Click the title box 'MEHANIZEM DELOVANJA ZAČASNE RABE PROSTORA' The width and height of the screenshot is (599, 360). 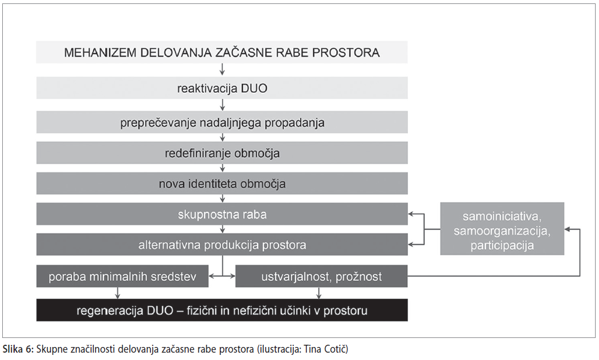[222, 52]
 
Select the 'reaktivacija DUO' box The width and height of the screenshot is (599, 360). [222, 88]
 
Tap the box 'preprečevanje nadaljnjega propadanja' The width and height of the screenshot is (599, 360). [222, 122]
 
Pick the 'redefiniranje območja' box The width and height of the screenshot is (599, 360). [222, 153]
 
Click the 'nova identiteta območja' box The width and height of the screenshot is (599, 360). [222, 184]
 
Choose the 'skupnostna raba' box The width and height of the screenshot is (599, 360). [222, 214]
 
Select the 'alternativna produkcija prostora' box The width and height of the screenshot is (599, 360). [222, 245]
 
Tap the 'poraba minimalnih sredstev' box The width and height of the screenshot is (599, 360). [122, 276]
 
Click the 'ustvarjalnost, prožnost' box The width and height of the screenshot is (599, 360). [322, 276]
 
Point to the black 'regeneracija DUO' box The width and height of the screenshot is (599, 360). [222, 310]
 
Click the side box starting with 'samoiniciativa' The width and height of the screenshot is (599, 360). [502, 228]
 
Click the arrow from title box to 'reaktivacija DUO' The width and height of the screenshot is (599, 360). [222, 70]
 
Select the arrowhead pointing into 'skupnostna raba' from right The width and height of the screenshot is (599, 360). [411, 214]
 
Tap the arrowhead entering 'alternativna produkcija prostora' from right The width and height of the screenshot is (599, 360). [411, 244]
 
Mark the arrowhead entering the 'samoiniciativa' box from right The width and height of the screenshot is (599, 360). [568, 229]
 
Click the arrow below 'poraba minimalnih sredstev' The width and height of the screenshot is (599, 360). [118, 293]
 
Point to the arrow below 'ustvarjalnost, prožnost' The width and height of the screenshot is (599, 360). [319, 293]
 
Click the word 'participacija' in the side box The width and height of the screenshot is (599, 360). [502, 245]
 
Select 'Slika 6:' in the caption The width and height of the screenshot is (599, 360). [18, 349]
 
